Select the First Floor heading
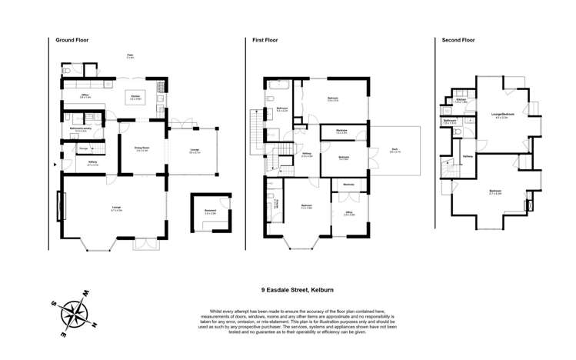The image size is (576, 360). pyautogui.click(x=265, y=40)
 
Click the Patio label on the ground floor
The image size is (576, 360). pyautogui.click(x=130, y=55)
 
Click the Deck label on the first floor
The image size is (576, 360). pyautogui.click(x=395, y=151)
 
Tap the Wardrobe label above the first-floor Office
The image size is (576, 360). pyautogui.click(x=348, y=184)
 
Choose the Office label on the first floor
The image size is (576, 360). pyautogui.click(x=348, y=213)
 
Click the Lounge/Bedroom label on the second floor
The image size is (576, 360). pyautogui.click(x=503, y=116)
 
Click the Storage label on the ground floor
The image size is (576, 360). pyautogui.click(x=82, y=148)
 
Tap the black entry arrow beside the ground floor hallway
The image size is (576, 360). pyautogui.click(x=54, y=164)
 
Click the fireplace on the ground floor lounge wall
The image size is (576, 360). pyautogui.click(x=60, y=206)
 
